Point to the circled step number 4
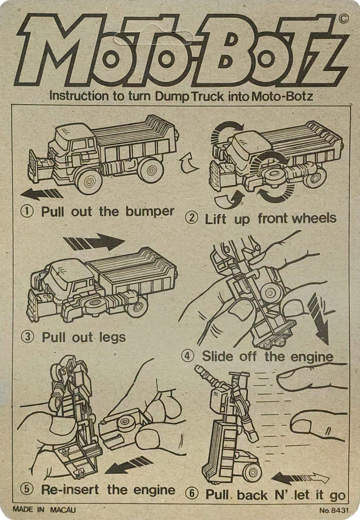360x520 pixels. (x=188, y=356)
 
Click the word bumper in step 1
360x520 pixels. (x=150, y=212)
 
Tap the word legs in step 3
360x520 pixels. (x=112, y=338)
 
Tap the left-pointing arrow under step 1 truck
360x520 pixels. (x=41, y=193)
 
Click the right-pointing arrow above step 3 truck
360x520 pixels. (x=94, y=242)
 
